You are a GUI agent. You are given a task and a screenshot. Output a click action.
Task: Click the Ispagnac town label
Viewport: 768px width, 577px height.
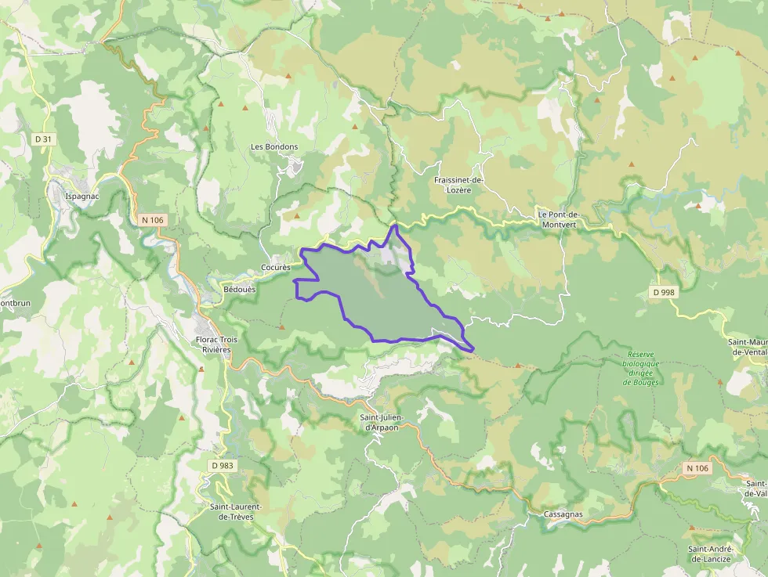click(82, 196)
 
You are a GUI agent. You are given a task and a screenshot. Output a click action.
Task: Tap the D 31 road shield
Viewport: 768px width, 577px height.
click(43, 139)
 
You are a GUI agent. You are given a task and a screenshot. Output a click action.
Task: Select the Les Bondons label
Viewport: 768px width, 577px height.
click(274, 146)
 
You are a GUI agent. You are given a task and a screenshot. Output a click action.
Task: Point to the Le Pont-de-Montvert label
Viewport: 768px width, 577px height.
click(558, 218)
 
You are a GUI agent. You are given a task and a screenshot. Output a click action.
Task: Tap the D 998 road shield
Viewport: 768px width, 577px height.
click(662, 292)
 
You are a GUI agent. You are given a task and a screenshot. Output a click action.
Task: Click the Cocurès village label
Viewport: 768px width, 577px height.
click(275, 267)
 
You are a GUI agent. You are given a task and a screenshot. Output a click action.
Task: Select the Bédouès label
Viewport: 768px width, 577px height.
click(239, 288)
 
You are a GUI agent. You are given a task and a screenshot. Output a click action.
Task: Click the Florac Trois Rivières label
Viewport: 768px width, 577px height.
click(216, 344)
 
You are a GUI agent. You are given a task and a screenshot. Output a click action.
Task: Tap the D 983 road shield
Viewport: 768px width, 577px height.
click(222, 465)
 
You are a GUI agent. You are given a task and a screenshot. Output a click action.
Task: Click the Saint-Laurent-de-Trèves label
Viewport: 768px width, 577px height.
click(235, 511)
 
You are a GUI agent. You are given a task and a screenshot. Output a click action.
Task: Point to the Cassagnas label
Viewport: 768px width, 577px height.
click(563, 514)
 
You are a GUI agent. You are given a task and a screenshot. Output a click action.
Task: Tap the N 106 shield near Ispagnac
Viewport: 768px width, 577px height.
click(152, 220)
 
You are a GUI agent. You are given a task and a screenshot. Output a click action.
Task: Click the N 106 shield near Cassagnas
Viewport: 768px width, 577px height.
click(696, 468)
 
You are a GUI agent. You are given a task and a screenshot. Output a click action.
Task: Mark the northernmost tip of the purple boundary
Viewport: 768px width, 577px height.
click(396, 225)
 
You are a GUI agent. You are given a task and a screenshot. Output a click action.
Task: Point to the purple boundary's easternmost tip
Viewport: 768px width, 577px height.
click(475, 348)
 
